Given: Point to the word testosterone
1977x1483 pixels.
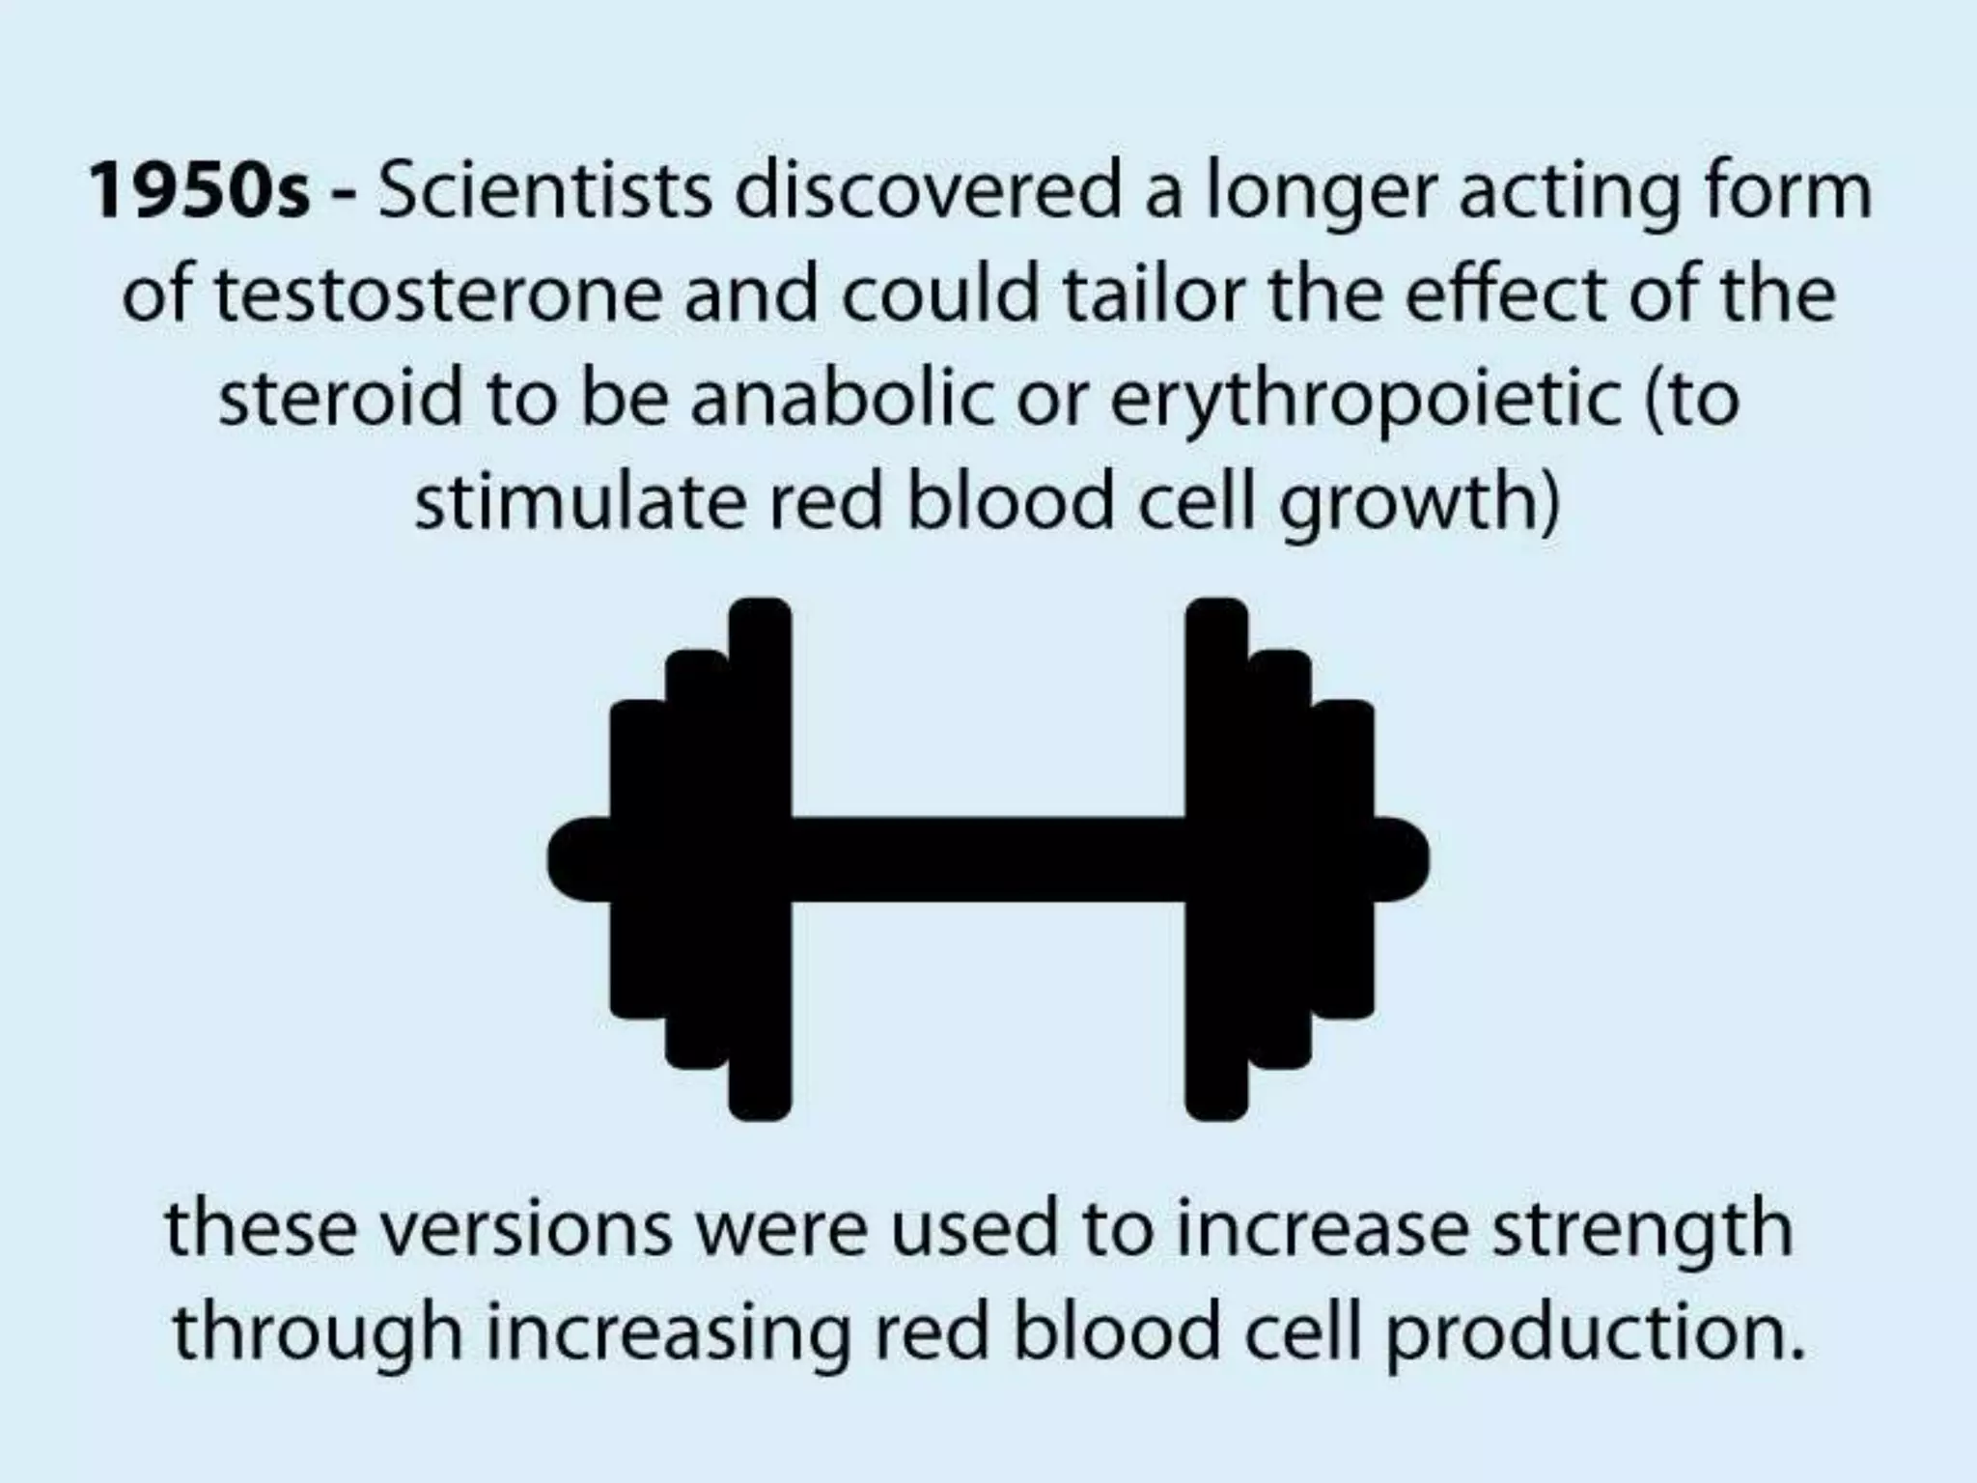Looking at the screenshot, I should click(438, 294).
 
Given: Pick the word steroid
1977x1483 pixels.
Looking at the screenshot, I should click(340, 399).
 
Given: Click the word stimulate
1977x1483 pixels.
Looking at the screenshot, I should click(580, 503).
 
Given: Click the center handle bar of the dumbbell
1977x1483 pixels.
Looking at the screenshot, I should click(988, 859).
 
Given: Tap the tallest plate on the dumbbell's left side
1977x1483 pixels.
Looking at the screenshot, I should click(760, 859).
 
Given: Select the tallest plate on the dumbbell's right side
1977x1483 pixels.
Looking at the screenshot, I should click(1215, 859).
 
